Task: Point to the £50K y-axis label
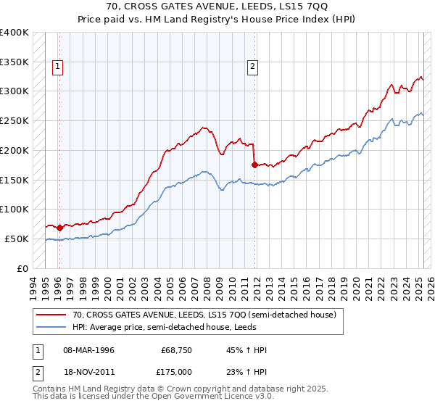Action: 17,239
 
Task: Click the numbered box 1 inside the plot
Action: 57,67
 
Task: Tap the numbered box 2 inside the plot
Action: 252,67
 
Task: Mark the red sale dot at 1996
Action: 59,228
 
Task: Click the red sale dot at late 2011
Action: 254,165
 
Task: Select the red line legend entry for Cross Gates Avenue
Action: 204,315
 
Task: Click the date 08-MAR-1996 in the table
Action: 87,350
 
